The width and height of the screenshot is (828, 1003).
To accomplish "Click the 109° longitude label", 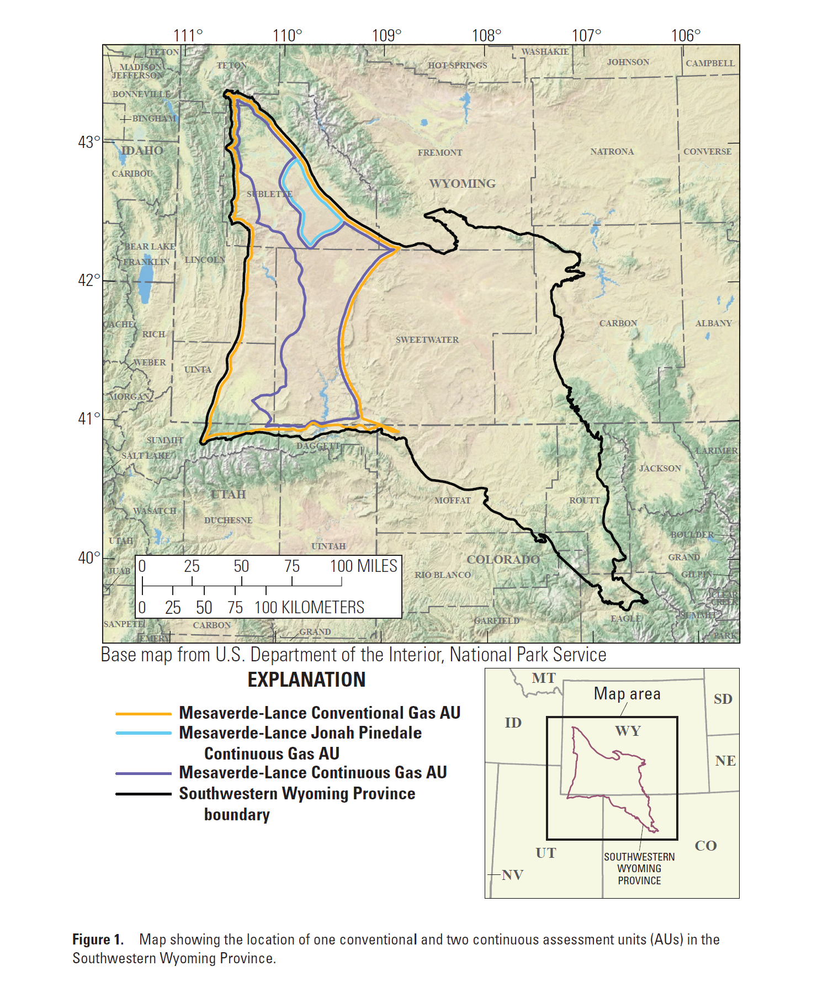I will coord(386,36).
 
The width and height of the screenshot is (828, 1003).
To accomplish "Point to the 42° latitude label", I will coord(89,280).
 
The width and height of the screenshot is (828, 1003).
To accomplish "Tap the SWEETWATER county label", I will coord(427,340).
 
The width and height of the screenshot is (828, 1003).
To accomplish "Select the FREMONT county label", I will coord(440,153).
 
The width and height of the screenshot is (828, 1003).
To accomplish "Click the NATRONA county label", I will coord(612,152).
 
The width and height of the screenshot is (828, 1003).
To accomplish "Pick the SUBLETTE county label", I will coord(269,194).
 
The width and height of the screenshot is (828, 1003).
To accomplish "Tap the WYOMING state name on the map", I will coord(463,184).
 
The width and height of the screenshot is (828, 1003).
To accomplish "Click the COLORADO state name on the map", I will coord(503,560).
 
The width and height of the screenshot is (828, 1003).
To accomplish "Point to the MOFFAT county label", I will coord(452,501).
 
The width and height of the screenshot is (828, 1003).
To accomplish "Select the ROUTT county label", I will coord(585,501).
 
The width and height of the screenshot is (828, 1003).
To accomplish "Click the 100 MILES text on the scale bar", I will coord(363,566).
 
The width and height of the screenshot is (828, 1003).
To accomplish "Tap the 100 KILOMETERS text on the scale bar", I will coord(309,608).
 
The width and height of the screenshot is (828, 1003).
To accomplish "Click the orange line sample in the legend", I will coord(144,714).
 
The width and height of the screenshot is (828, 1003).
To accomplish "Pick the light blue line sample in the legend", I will coord(144,733).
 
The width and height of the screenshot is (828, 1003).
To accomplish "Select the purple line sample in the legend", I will coord(144,773).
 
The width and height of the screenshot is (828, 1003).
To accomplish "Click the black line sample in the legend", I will coord(144,794).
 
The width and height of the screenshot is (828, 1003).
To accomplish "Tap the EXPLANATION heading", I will coord(306,680).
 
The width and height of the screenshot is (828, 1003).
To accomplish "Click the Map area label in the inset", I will coord(627,694).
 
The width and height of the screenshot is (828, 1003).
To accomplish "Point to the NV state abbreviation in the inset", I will coord(512,875).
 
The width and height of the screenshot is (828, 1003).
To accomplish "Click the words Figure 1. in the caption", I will coord(98,940).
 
